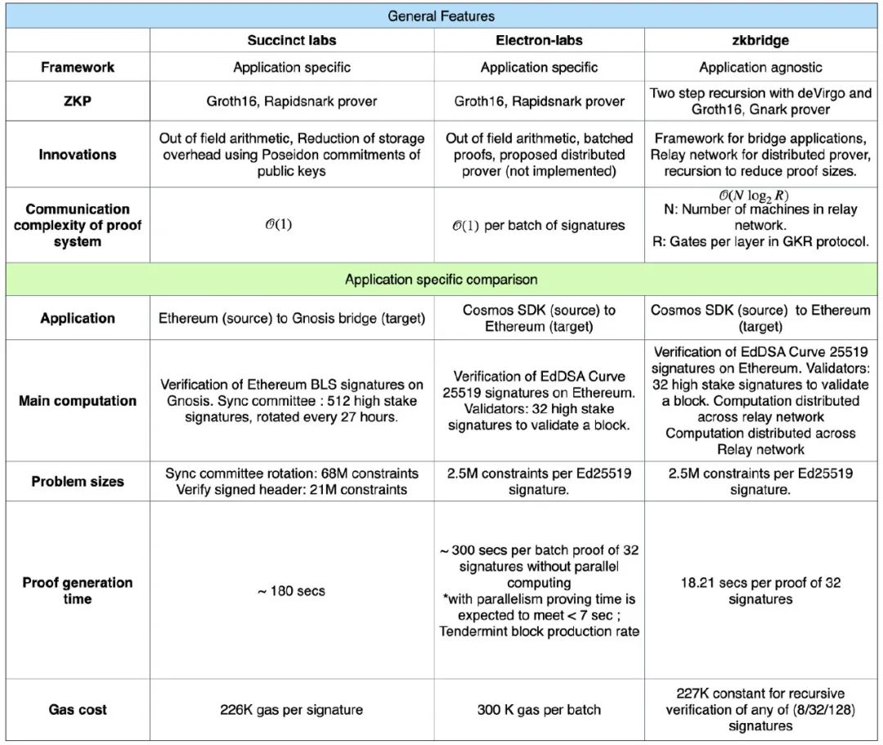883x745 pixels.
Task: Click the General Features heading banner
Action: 441,16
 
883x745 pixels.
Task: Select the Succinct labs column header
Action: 292,41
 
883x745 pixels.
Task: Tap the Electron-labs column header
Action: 539,41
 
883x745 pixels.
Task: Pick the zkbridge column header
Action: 760,41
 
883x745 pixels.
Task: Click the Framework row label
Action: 78,67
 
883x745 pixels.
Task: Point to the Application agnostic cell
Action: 760,67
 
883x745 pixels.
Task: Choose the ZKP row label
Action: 78,101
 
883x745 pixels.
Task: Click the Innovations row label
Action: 78,155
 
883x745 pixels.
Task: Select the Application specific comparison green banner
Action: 441,280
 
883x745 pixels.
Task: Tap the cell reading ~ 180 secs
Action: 292,590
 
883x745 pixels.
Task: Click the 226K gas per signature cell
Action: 292,710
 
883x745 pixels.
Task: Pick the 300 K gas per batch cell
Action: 539,710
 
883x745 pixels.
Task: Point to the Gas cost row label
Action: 78,710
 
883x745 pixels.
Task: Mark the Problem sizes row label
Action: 78,482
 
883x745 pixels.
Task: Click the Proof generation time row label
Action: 78,590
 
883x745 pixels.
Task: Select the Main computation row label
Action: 78,401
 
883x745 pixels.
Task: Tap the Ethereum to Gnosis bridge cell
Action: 292,318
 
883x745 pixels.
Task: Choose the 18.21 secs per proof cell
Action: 760,590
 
